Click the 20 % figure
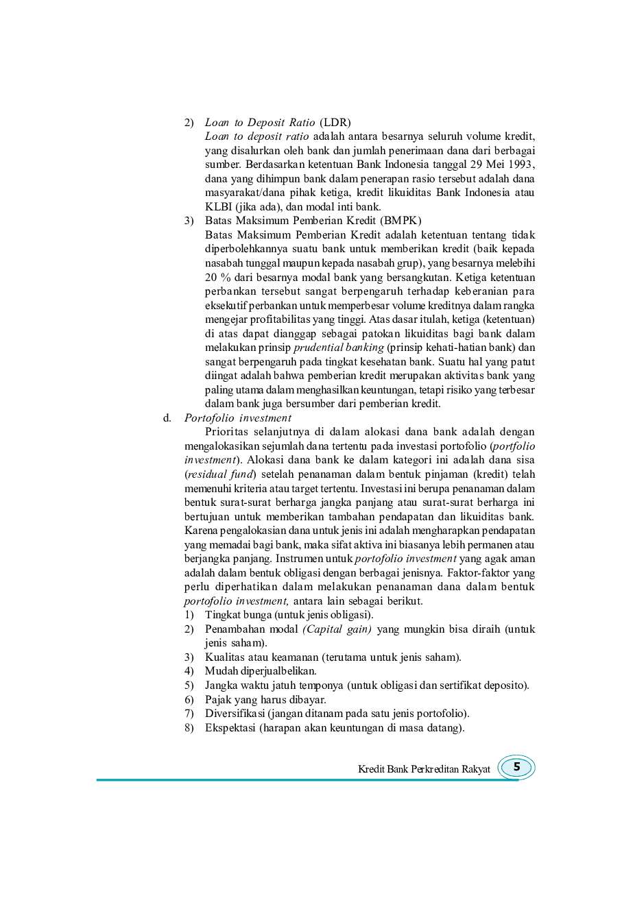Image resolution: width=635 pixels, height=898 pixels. point(217,278)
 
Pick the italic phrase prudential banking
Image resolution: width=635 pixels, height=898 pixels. point(339,348)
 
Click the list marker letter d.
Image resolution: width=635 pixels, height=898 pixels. point(167,418)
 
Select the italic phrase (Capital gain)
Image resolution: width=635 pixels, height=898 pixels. point(337,629)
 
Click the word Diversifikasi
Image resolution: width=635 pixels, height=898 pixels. point(234,714)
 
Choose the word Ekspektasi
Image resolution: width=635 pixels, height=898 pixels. point(230,728)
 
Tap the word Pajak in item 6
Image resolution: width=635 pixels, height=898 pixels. point(217,700)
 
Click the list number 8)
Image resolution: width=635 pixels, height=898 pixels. point(189,728)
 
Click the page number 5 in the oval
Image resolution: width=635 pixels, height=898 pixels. point(516,767)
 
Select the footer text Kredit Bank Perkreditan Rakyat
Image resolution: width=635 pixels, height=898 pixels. point(424,769)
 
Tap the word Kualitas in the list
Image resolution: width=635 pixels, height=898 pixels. point(226,657)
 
